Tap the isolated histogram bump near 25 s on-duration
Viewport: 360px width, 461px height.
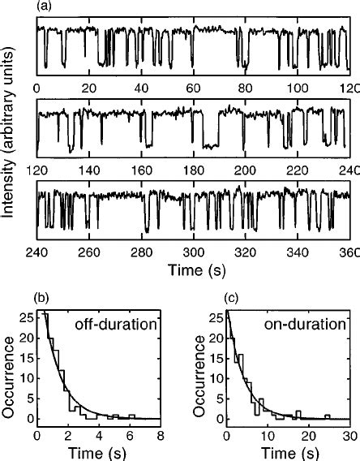pos(328,416)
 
